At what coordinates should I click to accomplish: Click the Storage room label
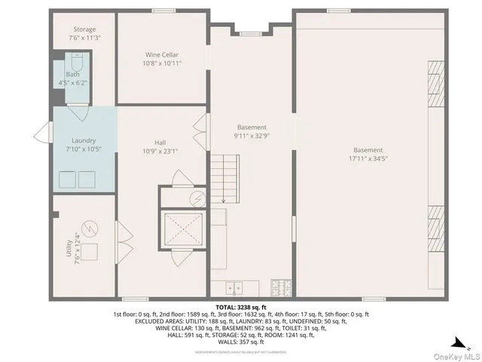point(84,29)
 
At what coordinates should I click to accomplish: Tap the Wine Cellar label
point(162,54)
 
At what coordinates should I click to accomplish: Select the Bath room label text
point(72,75)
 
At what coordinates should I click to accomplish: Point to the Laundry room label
point(84,140)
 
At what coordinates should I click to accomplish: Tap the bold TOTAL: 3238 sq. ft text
point(241,308)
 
